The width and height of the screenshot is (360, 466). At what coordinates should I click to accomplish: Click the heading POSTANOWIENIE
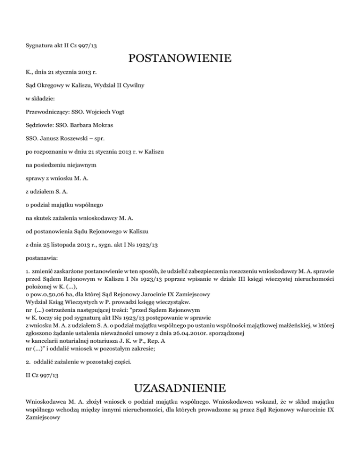pos(180,59)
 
